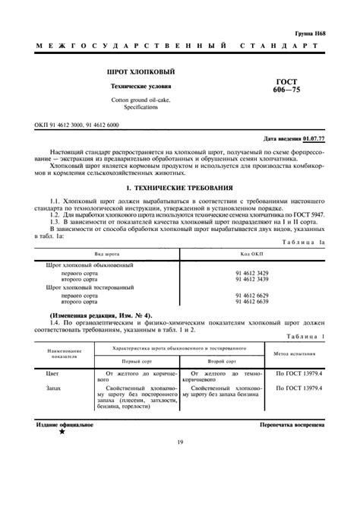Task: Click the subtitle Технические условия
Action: coord(127,87)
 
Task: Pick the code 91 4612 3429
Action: coord(251,271)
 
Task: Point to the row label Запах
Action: coord(55,388)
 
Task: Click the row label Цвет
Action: coord(54,373)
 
